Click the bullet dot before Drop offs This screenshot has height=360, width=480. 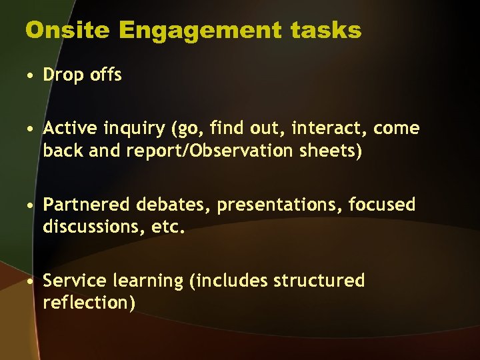click(x=31, y=75)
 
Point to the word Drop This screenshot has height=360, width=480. click(x=61, y=75)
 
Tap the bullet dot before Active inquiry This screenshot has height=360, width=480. click(x=31, y=129)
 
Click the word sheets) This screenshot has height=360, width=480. click(x=327, y=151)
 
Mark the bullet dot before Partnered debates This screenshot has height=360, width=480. click(x=31, y=205)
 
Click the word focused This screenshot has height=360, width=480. click(x=383, y=205)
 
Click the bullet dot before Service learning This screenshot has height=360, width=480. click(x=31, y=281)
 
